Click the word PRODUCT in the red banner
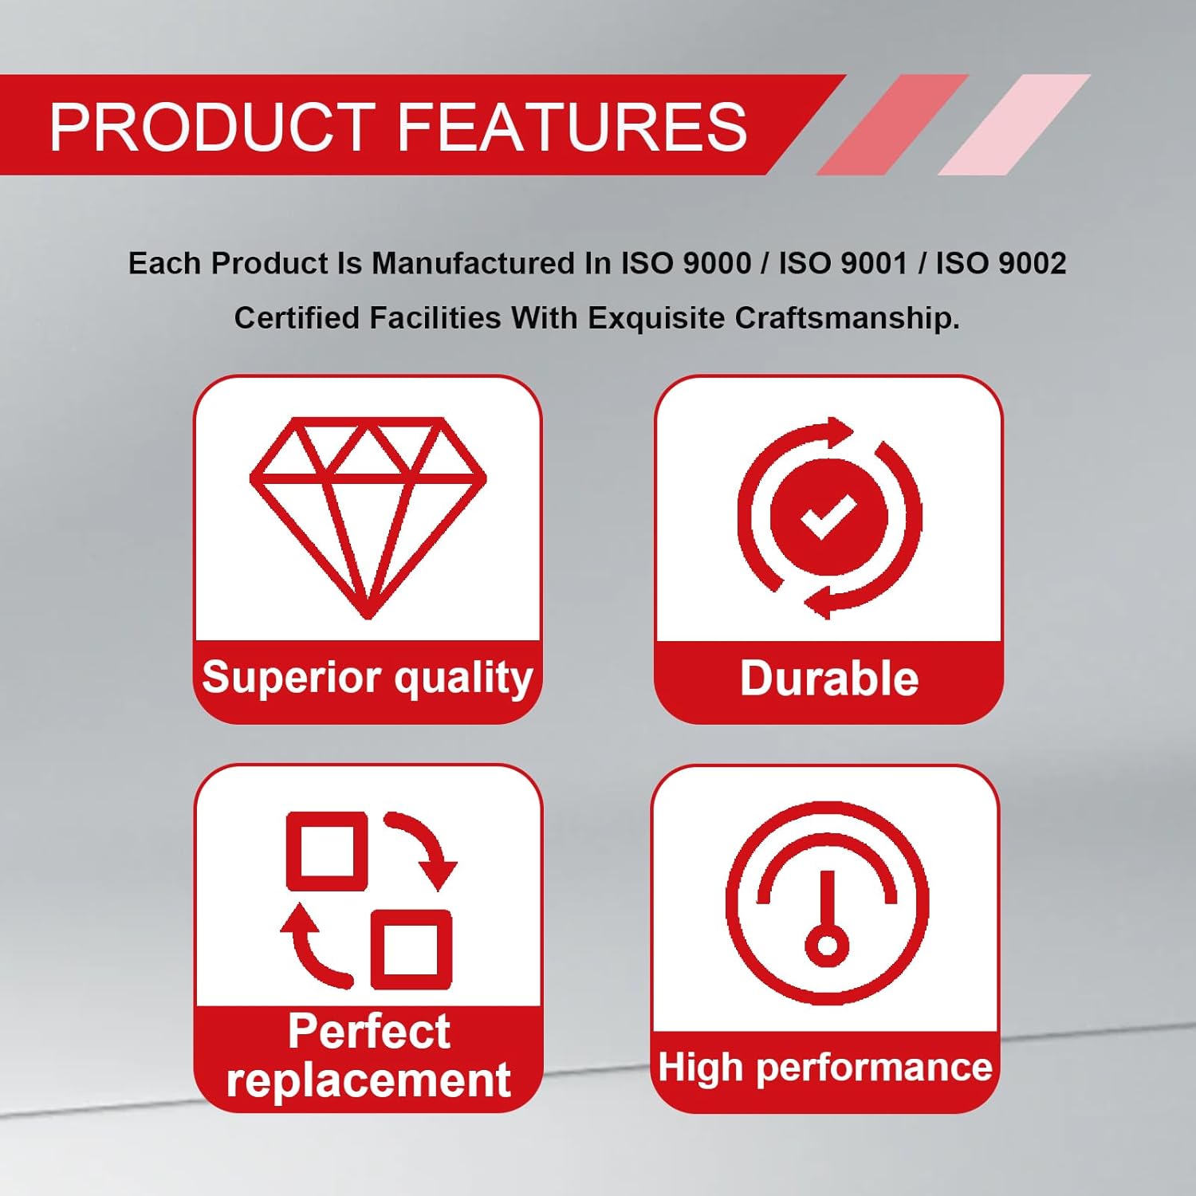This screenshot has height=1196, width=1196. pyautogui.click(x=213, y=126)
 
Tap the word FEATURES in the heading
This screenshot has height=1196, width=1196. pyautogui.click(x=572, y=126)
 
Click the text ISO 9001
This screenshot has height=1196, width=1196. pyautogui.click(x=844, y=263)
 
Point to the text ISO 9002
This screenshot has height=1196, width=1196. pyautogui.click(x=1001, y=263)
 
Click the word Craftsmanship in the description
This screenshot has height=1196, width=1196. pyautogui.click(x=847, y=318)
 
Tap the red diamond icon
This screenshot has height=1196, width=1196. pyautogui.click(x=368, y=517)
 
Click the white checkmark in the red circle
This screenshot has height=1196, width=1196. pyautogui.click(x=828, y=517)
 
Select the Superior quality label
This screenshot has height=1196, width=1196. pyautogui.click(x=368, y=679)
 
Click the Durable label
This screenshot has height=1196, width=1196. pyautogui.click(x=829, y=679)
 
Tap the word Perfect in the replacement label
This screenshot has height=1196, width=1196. pyautogui.click(x=368, y=1031)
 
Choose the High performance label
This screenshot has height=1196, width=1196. pyautogui.click(x=825, y=1068)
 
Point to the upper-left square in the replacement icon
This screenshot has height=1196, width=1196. pyautogui.click(x=327, y=851)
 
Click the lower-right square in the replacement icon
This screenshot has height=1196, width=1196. pyautogui.click(x=411, y=950)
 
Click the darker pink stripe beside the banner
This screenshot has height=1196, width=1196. pyautogui.click(x=892, y=124)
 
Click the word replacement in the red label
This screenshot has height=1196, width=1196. pyautogui.click(x=368, y=1080)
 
